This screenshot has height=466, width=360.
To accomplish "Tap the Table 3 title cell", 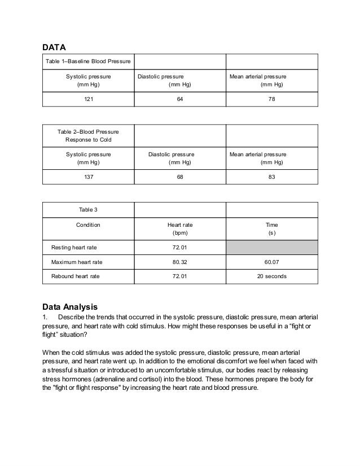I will [x=88, y=209].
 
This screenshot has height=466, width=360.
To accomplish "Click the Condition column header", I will [x=88, y=225].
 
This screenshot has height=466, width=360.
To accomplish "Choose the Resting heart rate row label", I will [x=76, y=247].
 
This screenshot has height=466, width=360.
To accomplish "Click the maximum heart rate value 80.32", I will [x=179, y=262].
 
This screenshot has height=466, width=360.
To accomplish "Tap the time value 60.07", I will [x=271, y=262].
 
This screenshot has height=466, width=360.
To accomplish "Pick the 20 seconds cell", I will [x=271, y=276].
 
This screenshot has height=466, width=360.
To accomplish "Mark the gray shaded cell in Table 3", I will [x=271, y=247].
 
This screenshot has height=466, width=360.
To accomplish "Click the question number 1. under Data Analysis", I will [x=45, y=318].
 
